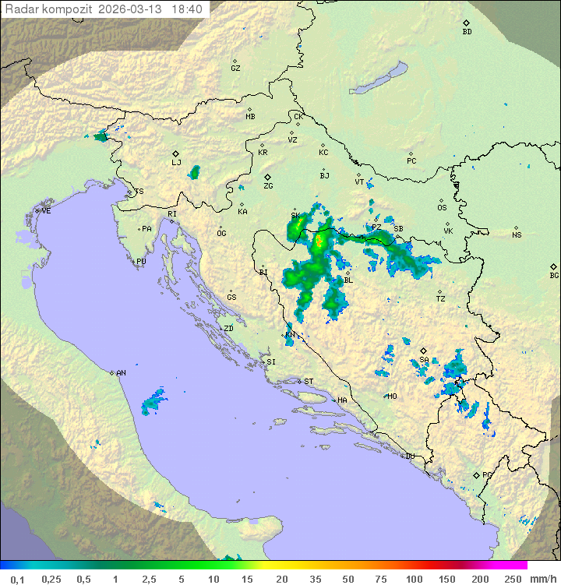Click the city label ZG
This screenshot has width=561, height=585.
click(x=268, y=186)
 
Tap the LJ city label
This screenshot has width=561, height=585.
click(x=176, y=163)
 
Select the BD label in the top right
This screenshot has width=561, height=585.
click(x=467, y=32)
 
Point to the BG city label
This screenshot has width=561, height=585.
click(x=554, y=275)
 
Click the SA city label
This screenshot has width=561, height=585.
click(x=425, y=360)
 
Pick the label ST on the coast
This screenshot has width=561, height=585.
click(x=309, y=381)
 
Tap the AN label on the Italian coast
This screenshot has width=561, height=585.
click(x=121, y=373)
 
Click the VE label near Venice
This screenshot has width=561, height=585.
click(x=46, y=211)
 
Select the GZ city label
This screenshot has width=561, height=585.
click(x=235, y=69)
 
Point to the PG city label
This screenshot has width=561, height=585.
click(x=487, y=474)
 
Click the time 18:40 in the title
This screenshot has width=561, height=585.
click(x=187, y=9)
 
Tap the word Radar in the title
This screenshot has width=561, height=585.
click(x=21, y=9)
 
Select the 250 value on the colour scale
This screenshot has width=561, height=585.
click(x=513, y=579)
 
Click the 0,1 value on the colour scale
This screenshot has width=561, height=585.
click(x=17, y=579)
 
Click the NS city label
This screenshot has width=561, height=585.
click(x=517, y=234)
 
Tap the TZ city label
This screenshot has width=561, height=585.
click(x=440, y=298)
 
